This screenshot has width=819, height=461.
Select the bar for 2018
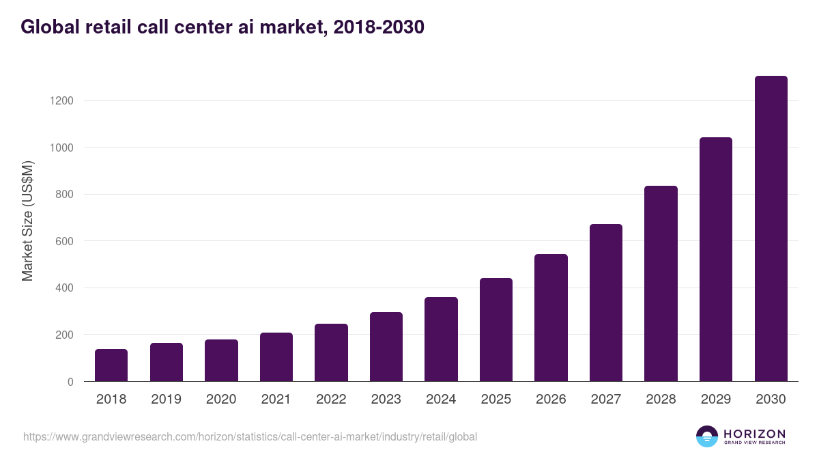(111, 365)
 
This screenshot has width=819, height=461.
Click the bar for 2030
(771, 229)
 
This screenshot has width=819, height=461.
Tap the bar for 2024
(441, 339)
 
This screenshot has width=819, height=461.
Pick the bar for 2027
(606, 303)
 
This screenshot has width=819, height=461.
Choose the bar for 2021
(276, 357)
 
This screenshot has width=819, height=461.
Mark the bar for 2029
(716, 260)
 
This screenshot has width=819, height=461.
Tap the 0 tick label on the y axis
(70, 382)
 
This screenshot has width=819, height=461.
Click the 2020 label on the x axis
(221, 400)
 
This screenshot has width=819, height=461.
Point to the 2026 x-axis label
(551, 400)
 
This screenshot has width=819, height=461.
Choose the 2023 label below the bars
(386, 400)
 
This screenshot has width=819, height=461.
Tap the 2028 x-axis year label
(661, 400)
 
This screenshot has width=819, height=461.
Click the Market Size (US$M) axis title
(27, 221)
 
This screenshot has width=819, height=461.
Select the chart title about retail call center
(222, 27)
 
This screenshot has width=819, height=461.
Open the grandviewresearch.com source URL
(250, 436)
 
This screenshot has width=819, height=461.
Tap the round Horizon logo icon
(707, 436)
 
